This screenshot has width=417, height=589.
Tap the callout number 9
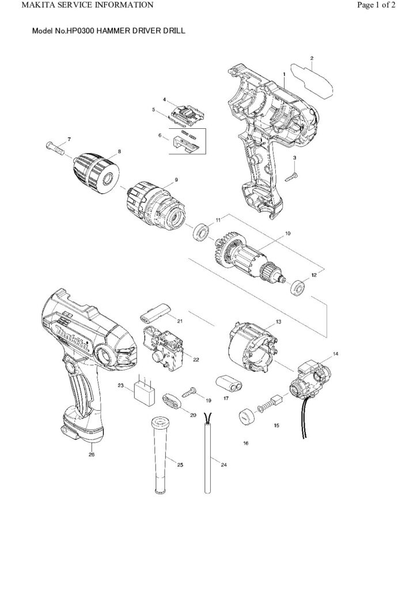pos(176,180)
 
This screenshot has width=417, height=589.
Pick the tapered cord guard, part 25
pos(158,455)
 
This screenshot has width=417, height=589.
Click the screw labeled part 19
pos(189,394)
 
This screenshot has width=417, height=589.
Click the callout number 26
pos(91,454)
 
